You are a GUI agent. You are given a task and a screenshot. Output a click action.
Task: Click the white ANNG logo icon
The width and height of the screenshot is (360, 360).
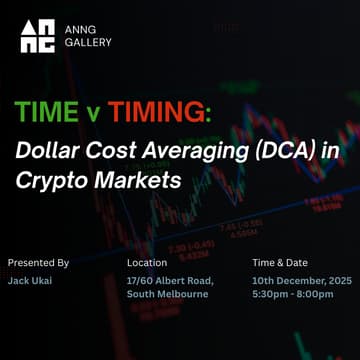[38, 36]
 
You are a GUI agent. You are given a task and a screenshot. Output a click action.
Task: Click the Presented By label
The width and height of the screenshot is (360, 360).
[38, 263]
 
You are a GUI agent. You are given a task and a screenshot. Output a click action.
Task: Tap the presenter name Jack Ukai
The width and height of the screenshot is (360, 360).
[30, 283]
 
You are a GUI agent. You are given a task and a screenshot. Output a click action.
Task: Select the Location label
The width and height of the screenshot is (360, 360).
[147, 263]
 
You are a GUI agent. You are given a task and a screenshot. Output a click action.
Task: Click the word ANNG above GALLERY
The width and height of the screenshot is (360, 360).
[79, 29]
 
